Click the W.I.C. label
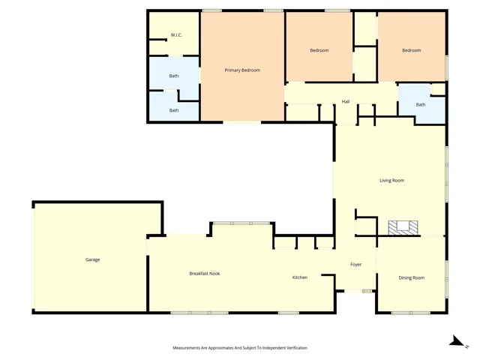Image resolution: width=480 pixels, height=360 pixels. tap(176, 35)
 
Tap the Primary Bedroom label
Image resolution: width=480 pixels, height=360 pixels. tap(242, 70)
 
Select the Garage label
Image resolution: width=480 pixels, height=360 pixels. tap(93, 259)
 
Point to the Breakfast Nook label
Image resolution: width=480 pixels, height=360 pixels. tap(205, 273)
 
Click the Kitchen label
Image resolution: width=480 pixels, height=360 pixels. tap(300, 277)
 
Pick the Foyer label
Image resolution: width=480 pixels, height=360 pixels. tap(356, 265)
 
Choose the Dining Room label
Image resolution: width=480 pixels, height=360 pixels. tap(412, 278)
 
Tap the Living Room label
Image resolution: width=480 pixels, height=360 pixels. tap(392, 181)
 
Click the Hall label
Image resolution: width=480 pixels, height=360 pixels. tap(346, 102)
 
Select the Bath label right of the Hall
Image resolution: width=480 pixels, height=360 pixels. tap(421, 105)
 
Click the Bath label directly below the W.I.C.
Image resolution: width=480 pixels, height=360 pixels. tap(174, 76)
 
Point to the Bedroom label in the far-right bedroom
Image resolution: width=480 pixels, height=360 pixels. tap(412, 50)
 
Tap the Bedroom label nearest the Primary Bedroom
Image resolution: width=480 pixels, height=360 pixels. tap(319, 50)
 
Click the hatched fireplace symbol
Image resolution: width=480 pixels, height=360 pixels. tap(403, 228)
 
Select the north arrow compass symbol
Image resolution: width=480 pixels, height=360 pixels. tap(458, 342)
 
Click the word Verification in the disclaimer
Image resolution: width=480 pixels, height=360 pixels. tap(297, 348)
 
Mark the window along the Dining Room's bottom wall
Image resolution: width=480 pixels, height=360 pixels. tap(411, 313)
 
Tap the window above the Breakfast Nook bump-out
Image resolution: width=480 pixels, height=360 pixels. tap(241, 223)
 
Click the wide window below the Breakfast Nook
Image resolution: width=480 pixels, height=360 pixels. tap(199, 313)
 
